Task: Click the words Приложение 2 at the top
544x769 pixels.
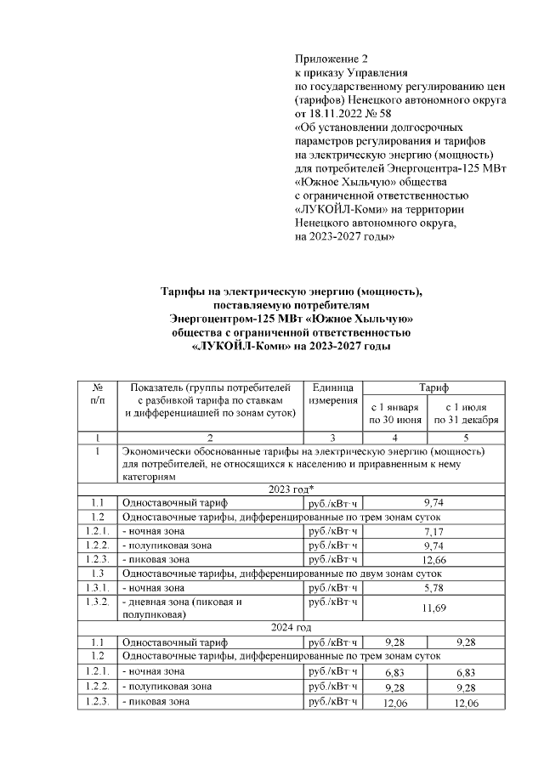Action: click(x=331, y=59)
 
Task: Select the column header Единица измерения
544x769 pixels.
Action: click(x=333, y=393)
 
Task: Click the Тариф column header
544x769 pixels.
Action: click(x=434, y=386)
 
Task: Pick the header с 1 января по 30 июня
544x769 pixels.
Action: click(x=394, y=413)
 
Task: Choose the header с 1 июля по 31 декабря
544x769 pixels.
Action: click(x=466, y=413)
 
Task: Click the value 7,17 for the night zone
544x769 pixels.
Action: click(x=434, y=531)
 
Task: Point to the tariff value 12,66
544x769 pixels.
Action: click(x=434, y=560)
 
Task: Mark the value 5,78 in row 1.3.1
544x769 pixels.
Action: click(x=434, y=588)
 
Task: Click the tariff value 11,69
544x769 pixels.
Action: click(x=434, y=608)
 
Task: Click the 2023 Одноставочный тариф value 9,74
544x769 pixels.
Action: click(x=434, y=502)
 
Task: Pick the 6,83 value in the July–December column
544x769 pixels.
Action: click(x=466, y=672)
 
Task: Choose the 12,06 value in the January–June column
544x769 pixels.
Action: click(x=394, y=704)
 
